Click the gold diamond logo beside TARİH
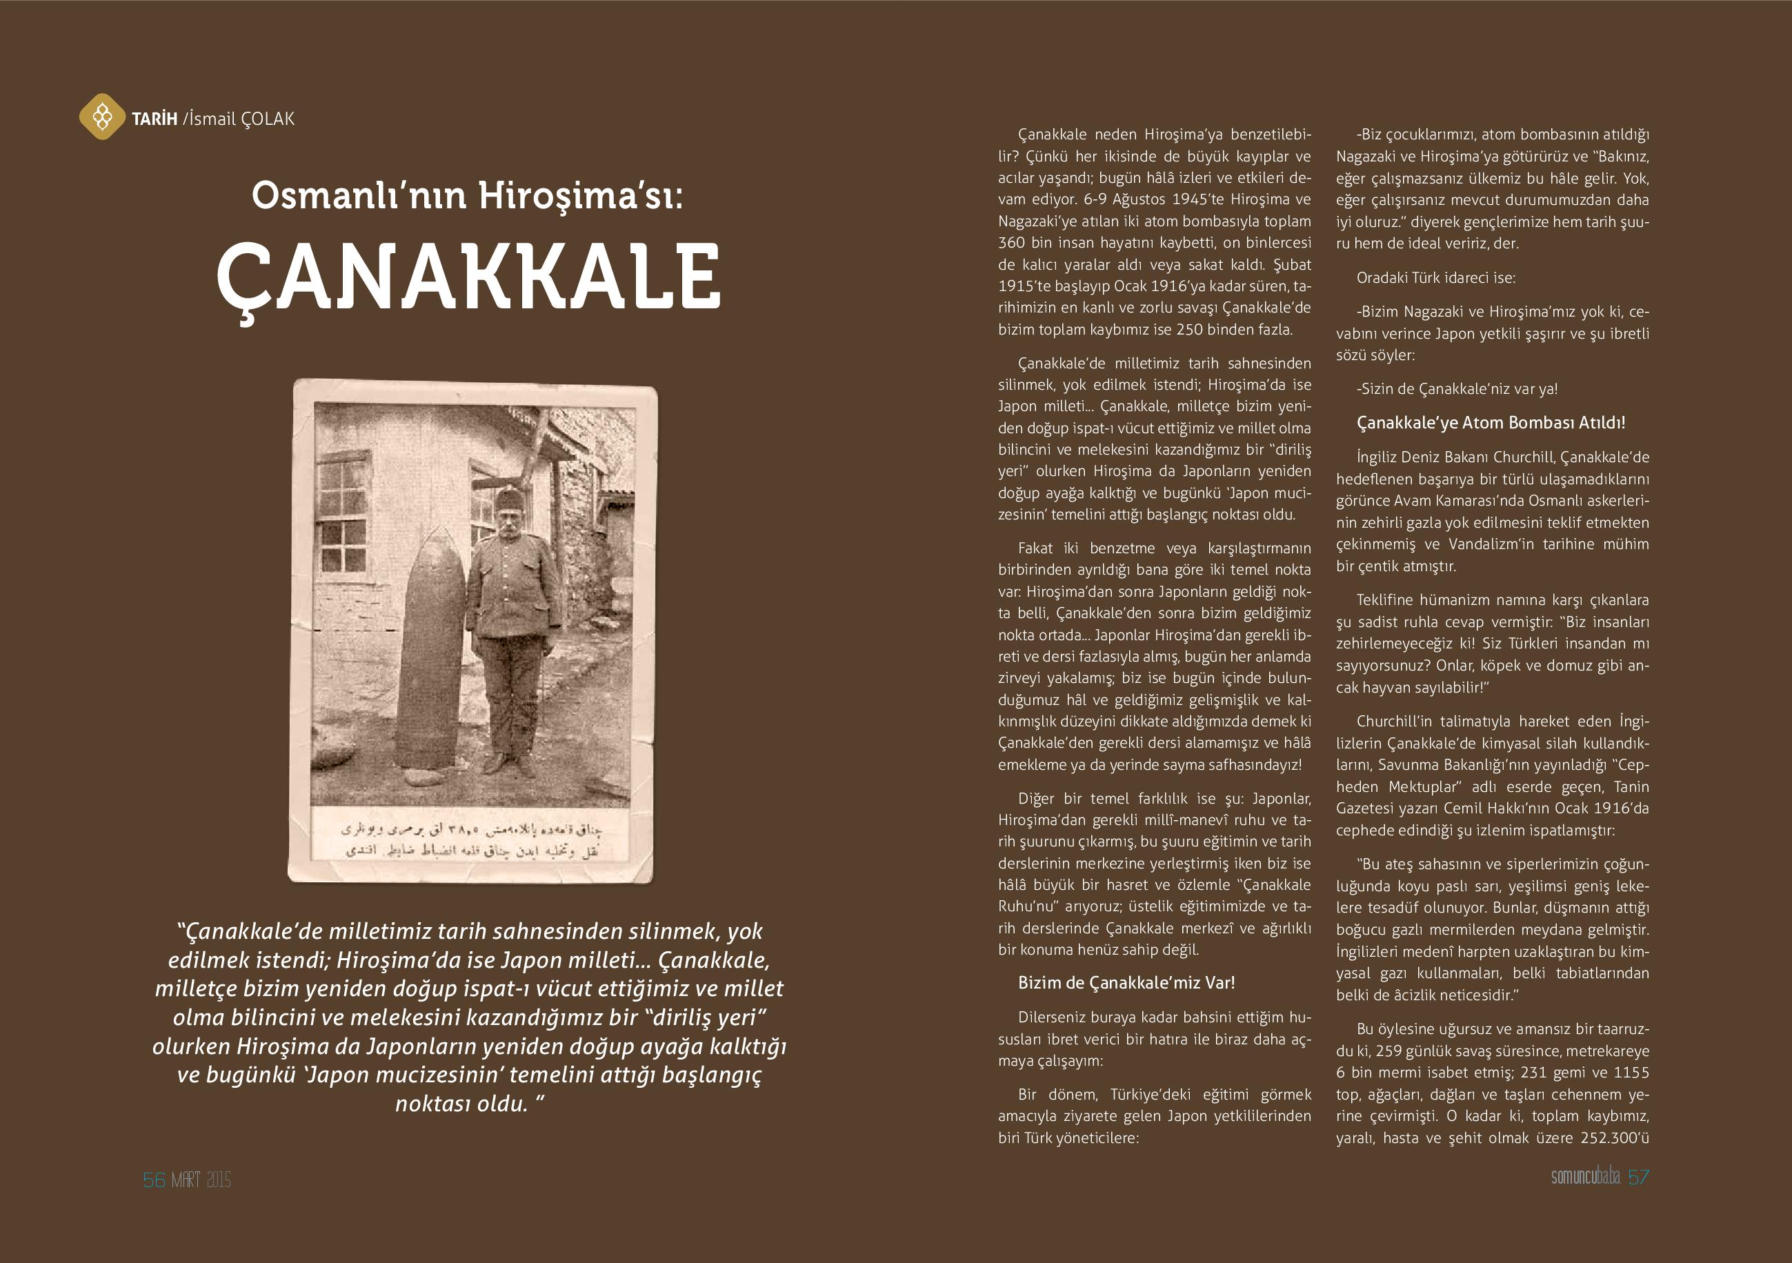point(101,117)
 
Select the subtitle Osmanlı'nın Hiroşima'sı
point(467,195)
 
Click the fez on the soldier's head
point(508,499)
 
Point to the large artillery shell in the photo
point(431,648)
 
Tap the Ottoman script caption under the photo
point(471,839)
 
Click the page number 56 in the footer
point(154,1180)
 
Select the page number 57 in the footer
point(1638,1177)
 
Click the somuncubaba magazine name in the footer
point(1585,1177)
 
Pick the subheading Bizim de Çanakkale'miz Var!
point(1126,983)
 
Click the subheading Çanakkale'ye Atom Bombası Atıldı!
point(1491,423)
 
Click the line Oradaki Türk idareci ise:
point(1435,278)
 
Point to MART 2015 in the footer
point(201,1180)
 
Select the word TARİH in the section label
point(155,119)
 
